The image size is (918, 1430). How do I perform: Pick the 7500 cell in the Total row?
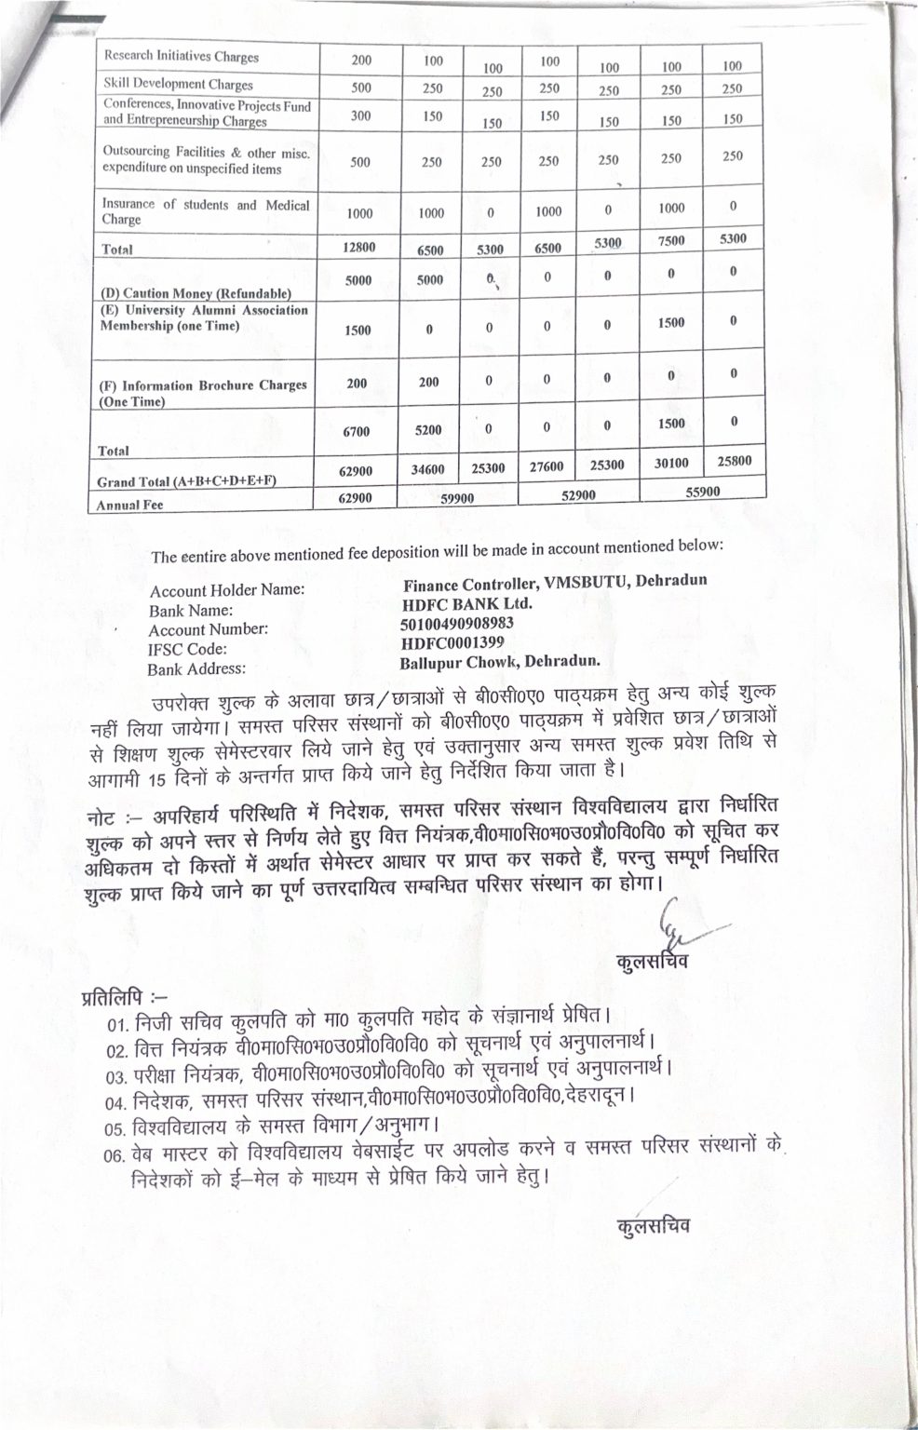pyautogui.click(x=671, y=241)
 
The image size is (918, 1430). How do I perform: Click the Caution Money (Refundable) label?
pyautogui.click(x=196, y=293)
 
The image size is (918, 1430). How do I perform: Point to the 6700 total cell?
pyautogui.click(x=358, y=431)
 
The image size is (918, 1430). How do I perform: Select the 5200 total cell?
pyautogui.click(x=428, y=430)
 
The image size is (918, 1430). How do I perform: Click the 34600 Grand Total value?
pyautogui.click(x=428, y=471)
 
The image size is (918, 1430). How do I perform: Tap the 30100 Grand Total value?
pyautogui.click(x=671, y=463)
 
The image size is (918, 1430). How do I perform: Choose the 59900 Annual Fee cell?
pyautogui.click(x=457, y=498)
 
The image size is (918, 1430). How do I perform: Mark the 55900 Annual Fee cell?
pyautogui.click(x=702, y=492)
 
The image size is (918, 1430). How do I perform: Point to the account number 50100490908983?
pyautogui.click(x=457, y=623)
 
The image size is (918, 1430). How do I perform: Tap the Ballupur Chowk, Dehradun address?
pyautogui.click(x=500, y=663)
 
